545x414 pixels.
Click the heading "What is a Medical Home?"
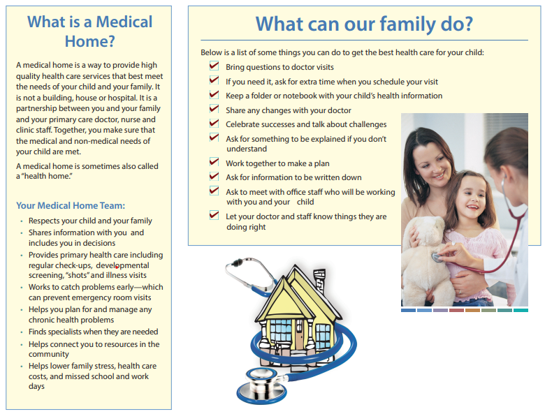tap(89, 31)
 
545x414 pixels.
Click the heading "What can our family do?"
tap(364, 24)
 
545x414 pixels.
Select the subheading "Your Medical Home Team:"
tap(71, 205)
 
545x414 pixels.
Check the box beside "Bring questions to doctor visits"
tap(215, 66)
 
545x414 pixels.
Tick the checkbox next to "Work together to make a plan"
tap(215, 163)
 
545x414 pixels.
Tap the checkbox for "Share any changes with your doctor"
tap(215, 110)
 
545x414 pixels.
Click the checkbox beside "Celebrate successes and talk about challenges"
tap(215, 124)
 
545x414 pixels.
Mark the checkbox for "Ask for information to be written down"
tap(215, 177)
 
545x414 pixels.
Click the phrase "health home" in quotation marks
tap(44, 178)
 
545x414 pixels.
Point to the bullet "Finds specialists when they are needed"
tap(93, 332)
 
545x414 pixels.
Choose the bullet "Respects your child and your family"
tap(90, 221)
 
